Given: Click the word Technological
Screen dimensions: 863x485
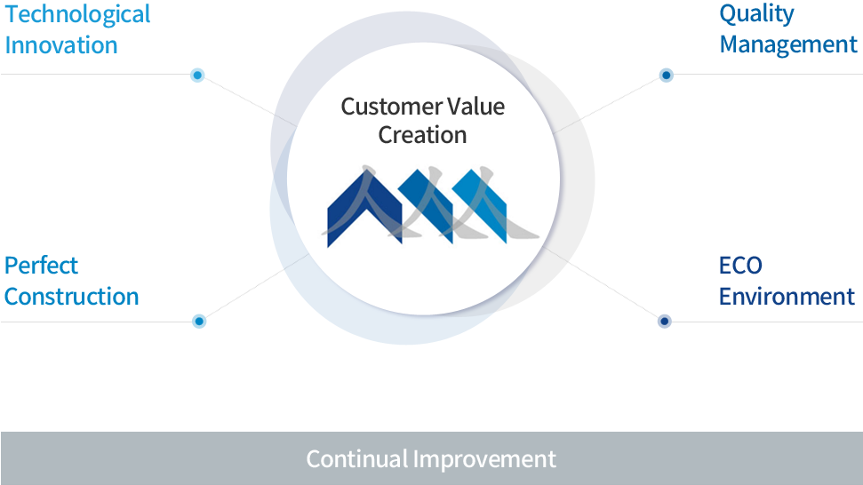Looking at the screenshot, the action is pyautogui.click(x=77, y=14).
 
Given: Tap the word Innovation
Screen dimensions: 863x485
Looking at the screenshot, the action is pyautogui.click(x=61, y=45).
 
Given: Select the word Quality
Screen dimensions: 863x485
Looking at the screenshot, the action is pyautogui.click(x=756, y=14).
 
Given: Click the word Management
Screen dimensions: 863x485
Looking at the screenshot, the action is pyautogui.click(x=788, y=44).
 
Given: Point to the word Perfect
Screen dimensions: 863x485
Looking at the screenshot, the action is pyautogui.click(x=41, y=266).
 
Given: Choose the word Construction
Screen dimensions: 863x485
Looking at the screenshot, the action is pyautogui.click(x=72, y=297).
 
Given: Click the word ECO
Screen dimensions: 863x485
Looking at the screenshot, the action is pyautogui.click(x=740, y=266).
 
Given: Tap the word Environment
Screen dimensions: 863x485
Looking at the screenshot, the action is pyautogui.click(x=787, y=297).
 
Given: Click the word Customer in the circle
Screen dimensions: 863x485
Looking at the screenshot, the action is pyautogui.click(x=391, y=107).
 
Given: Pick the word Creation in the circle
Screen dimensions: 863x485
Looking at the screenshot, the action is pyautogui.click(x=423, y=135).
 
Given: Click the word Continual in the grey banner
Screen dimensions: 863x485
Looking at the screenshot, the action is pyautogui.click(x=357, y=459).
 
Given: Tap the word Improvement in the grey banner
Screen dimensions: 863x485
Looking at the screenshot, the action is pyautogui.click(x=485, y=459).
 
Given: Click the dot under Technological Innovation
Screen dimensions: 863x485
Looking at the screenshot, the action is pyautogui.click(x=197, y=75).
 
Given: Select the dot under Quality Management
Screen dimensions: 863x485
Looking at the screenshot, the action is pyautogui.click(x=666, y=75).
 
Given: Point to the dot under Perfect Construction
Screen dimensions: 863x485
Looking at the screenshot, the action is pyautogui.click(x=199, y=322).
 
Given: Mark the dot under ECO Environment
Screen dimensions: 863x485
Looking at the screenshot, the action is pyautogui.click(x=664, y=322).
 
